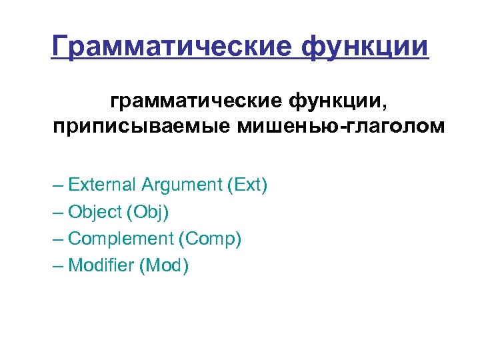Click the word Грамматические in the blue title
[171, 46]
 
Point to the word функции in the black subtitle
[333, 101]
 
